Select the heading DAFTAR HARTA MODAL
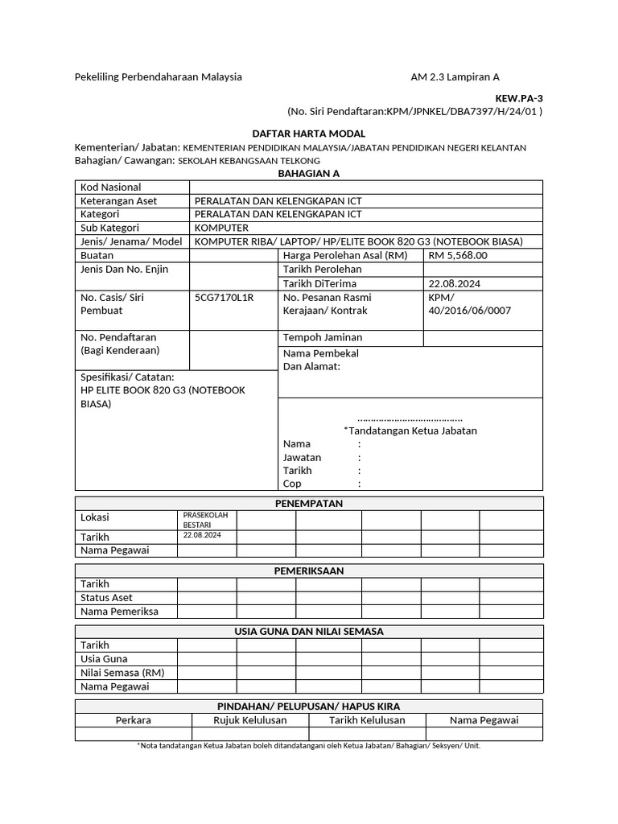tap(309, 134)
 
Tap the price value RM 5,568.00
tap(458, 255)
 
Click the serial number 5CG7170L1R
tap(224, 297)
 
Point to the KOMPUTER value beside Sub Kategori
tap(221, 228)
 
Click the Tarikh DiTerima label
tap(319, 283)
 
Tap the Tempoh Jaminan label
tap(323, 337)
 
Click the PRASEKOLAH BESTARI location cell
tap(206, 519)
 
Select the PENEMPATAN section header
tap(309, 503)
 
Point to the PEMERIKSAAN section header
tap(309, 571)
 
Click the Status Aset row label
tap(106, 598)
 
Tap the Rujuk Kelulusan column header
tap(249, 720)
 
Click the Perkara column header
tap(134, 720)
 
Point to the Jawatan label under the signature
tap(303, 457)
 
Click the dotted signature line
tap(410, 418)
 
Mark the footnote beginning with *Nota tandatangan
tap(309, 746)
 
